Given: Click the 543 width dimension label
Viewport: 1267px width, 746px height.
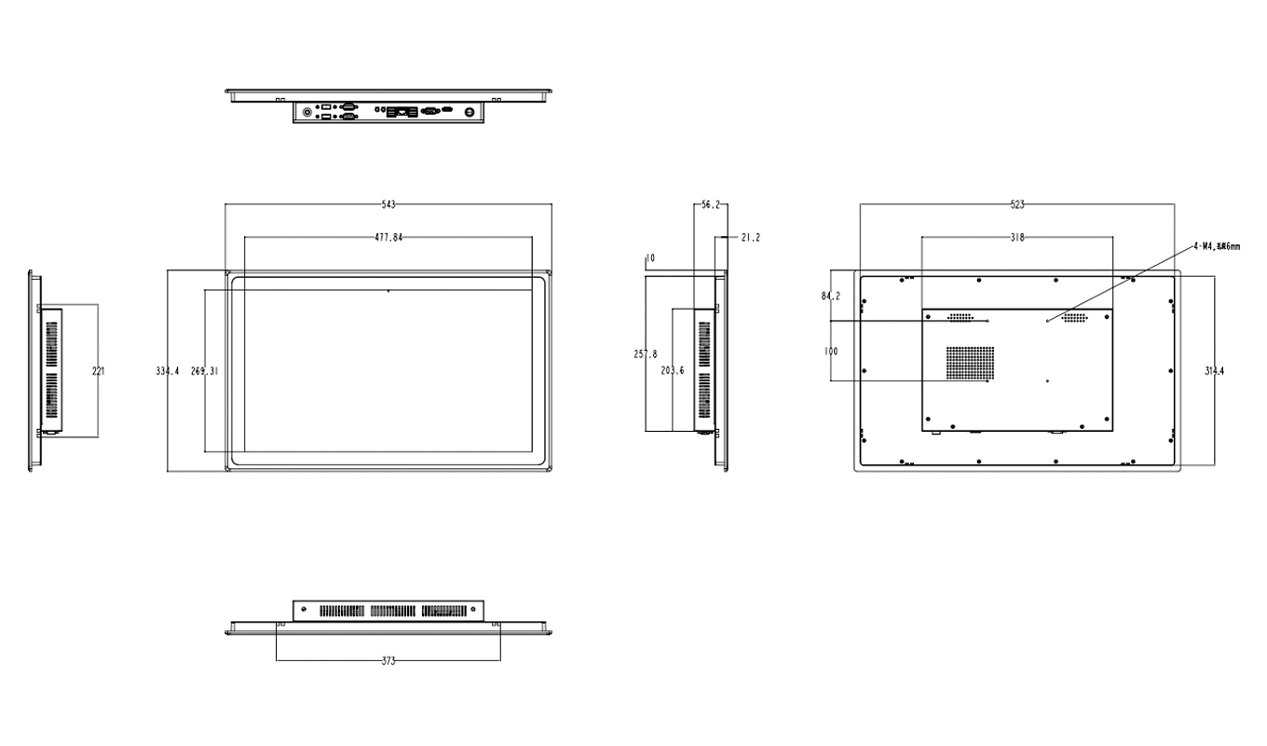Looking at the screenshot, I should [x=388, y=204].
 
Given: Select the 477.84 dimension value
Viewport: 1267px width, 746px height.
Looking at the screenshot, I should [x=388, y=238].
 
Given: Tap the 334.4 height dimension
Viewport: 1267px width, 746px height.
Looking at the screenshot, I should [x=167, y=371].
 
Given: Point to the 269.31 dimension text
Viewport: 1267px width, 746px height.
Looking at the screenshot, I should [x=204, y=371].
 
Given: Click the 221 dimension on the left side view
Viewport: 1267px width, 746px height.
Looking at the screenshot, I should [x=98, y=371].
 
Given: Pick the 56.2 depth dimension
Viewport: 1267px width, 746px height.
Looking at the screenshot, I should [x=711, y=204].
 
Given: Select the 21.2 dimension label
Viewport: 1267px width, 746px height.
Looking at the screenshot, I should [x=750, y=238].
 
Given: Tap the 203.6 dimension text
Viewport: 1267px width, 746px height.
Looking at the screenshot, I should [x=673, y=371].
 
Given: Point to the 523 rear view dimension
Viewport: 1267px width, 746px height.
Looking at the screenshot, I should [x=1017, y=204].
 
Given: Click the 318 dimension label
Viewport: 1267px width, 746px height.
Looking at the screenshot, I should [x=1017, y=238].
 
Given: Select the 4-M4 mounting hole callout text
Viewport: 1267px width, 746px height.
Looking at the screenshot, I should [x=1216, y=246].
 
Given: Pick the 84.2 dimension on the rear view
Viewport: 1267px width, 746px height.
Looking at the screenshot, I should [x=831, y=297].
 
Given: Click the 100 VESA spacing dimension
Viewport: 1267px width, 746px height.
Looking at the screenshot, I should [x=831, y=352].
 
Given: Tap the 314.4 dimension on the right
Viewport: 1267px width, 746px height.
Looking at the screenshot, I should [x=1215, y=371].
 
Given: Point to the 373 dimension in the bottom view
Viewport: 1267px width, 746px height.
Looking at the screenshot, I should [x=388, y=661].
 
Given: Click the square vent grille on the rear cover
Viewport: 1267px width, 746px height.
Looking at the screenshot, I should [x=971, y=363].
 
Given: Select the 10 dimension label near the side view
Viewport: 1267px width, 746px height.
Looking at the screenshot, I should [x=649, y=257].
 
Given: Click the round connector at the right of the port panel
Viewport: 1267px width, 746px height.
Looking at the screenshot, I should [x=471, y=111].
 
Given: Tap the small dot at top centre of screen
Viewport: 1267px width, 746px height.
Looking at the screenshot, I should [x=388, y=291].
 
